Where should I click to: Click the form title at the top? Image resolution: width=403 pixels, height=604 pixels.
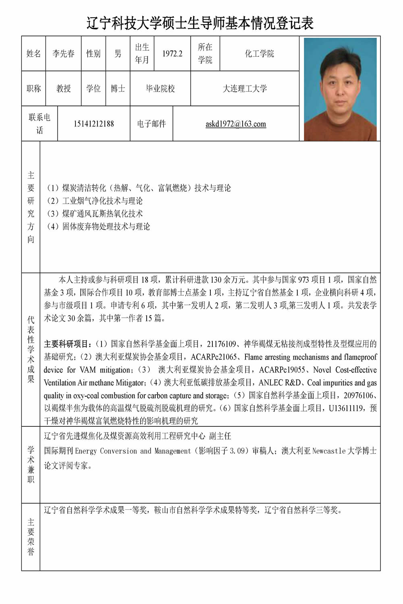pos(200,23)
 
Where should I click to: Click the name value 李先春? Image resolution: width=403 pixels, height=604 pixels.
pos(63,54)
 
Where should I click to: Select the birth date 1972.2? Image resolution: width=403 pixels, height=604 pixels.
pos(172,54)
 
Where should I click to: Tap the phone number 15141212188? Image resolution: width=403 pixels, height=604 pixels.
pos(93,124)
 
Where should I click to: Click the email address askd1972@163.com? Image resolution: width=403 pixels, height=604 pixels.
pos(236,124)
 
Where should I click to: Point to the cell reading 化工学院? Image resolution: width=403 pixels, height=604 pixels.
pos(259,54)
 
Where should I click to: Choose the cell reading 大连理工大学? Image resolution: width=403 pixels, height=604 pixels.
pos(245,89)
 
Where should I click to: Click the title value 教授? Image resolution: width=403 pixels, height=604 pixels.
pos(63,89)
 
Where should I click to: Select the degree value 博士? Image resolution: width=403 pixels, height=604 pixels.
pos(118,89)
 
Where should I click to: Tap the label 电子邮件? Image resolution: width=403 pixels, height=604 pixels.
pos(151,124)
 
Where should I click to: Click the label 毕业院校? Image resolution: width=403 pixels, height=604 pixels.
pos(160,89)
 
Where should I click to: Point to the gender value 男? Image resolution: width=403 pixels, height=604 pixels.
pos(118,54)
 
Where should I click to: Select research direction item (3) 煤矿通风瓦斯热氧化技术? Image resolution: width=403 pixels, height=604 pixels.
pos(95,214)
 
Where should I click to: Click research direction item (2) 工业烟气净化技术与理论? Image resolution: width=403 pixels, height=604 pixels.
pos(95,201)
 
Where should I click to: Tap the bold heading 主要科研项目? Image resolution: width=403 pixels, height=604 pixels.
pos(66,344)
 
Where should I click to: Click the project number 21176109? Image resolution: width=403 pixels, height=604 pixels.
pos(221,344)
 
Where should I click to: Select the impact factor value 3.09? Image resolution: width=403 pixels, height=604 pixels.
pos(237,451)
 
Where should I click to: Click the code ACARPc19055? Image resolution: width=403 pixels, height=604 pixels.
pos(282,370)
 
